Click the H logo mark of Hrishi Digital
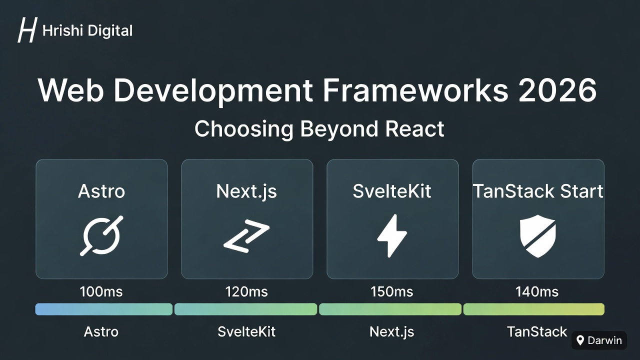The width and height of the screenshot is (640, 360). (27, 30)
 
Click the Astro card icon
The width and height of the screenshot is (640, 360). (101, 235)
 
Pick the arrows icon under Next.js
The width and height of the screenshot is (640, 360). (246, 235)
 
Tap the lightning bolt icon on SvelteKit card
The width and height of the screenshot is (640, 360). (392, 235)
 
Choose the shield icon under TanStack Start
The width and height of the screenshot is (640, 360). (538, 235)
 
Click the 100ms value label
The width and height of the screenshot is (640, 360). (101, 291)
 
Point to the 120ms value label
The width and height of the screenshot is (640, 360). (246, 291)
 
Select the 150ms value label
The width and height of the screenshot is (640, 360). (392, 291)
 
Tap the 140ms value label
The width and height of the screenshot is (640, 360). (537, 291)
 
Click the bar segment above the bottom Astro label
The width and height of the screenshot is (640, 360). (104, 309)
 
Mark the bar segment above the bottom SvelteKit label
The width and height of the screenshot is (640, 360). (245, 309)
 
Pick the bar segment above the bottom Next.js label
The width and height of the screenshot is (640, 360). (390, 309)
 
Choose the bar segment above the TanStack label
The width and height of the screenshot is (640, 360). (533, 309)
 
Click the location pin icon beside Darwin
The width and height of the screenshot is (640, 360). (580, 341)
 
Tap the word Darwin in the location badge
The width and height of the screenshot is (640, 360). (604, 341)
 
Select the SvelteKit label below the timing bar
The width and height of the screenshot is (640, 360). (246, 331)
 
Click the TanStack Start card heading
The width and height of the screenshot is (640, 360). (538, 191)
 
